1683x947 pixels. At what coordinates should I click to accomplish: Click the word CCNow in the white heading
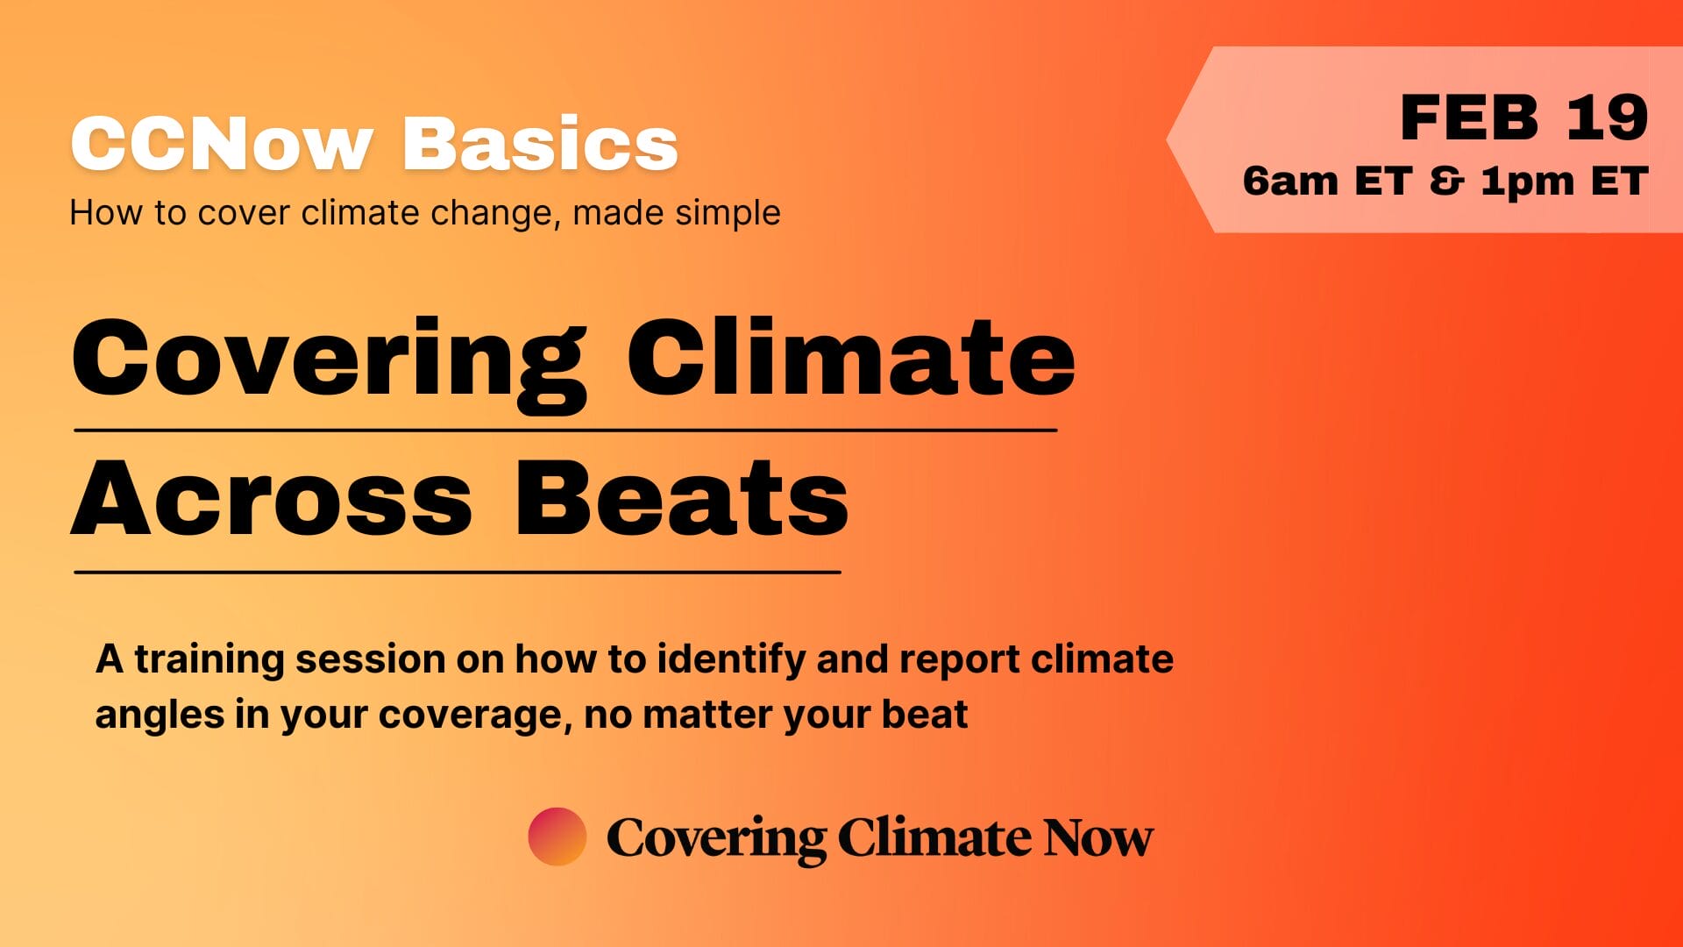pyautogui.click(x=222, y=143)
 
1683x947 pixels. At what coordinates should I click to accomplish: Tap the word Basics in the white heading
pyautogui.click(x=540, y=143)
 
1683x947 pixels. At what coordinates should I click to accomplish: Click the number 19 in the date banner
pyautogui.click(x=1607, y=117)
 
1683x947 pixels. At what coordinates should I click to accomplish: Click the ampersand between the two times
pyautogui.click(x=1446, y=181)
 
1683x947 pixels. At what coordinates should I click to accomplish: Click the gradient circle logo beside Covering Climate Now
pyautogui.click(x=557, y=837)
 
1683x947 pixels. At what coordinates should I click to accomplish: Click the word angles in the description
pyautogui.click(x=160, y=716)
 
